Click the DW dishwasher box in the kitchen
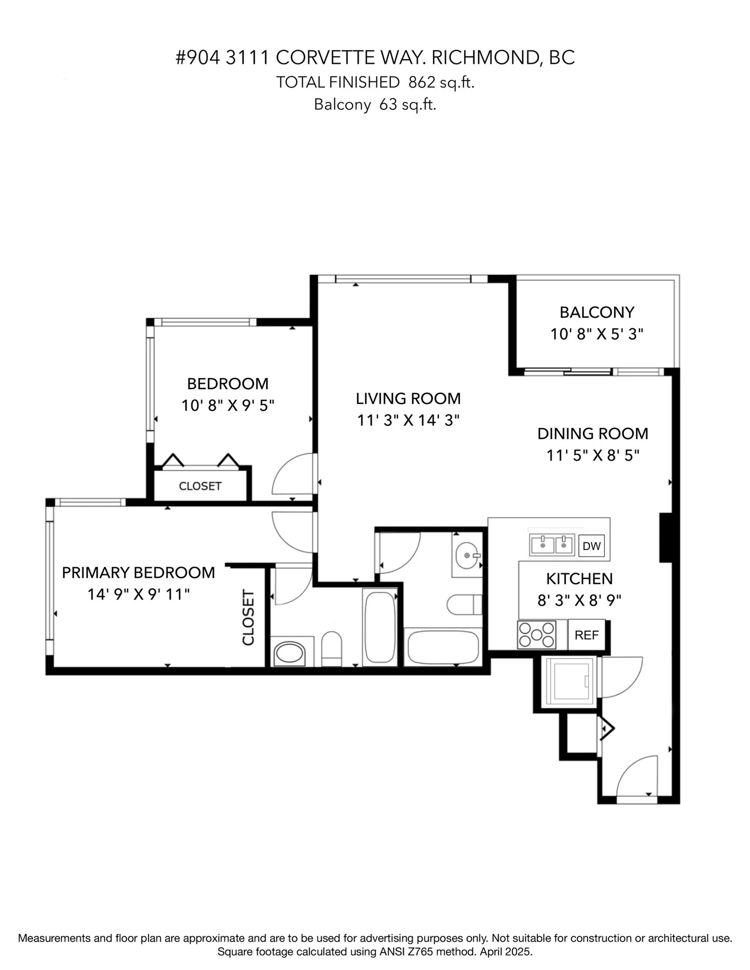click(x=591, y=546)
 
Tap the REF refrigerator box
click(x=586, y=635)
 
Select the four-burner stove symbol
click(x=537, y=634)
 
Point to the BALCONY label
click(x=596, y=312)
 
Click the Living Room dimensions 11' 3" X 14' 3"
click(x=408, y=420)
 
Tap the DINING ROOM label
click(x=593, y=434)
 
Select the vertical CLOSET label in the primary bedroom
click(x=248, y=618)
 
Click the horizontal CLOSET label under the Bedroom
click(x=200, y=486)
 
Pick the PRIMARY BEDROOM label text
click(x=138, y=573)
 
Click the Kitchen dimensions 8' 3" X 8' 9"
click(x=579, y=600)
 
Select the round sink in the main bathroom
click(x=467, y=555)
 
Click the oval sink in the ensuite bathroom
click(x=289, y=653)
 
